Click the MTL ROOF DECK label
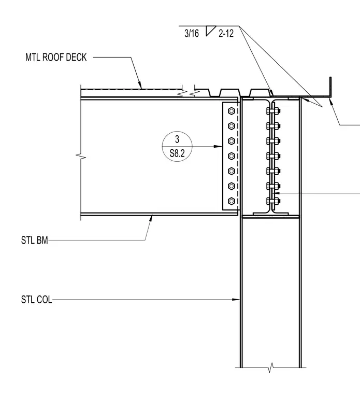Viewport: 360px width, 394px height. coord(56,58)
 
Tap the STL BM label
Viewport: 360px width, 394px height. coord(34,240)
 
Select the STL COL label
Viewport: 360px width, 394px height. coord(36,300)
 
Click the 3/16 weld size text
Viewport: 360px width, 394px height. coord(192,33)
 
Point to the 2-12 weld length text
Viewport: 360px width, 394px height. coord(226,33)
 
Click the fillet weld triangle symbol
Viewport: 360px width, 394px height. coord(210,31)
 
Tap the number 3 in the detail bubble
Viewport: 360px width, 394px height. coord(177,139)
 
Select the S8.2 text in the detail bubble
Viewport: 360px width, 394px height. coord(177,153)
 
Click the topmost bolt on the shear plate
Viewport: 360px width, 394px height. coord(232,111)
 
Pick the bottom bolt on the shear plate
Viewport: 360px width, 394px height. coord(232,201)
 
